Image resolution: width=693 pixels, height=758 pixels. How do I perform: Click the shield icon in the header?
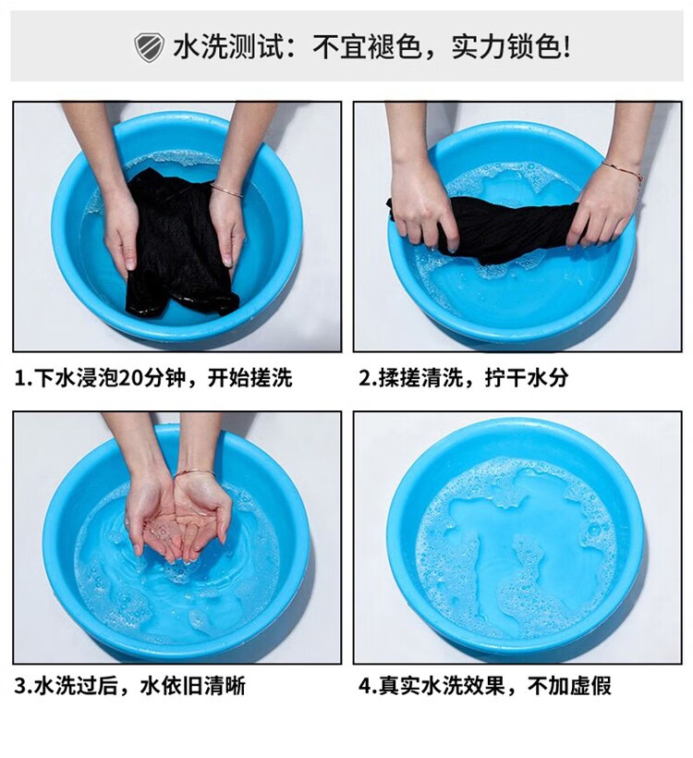[149, 47]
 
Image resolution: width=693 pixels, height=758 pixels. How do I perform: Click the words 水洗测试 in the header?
[227, 47]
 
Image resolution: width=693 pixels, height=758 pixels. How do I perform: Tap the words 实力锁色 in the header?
[506, 47]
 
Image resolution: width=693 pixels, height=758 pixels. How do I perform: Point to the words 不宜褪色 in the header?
[367, 47]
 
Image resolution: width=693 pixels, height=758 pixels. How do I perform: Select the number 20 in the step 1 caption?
[128, 378]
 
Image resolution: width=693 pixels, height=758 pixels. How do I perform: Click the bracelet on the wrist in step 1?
[226, 190]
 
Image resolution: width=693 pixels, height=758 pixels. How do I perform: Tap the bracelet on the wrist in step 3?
[194, 472]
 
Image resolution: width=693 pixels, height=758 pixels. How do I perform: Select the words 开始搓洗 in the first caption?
[250, 378]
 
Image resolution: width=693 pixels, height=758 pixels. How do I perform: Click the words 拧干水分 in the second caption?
[527, 378]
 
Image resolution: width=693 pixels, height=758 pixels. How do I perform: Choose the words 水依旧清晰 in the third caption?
[193, 686]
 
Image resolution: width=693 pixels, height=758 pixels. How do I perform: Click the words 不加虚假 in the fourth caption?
[569, 686]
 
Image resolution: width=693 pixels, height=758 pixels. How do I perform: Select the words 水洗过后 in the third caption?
[77, 686]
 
